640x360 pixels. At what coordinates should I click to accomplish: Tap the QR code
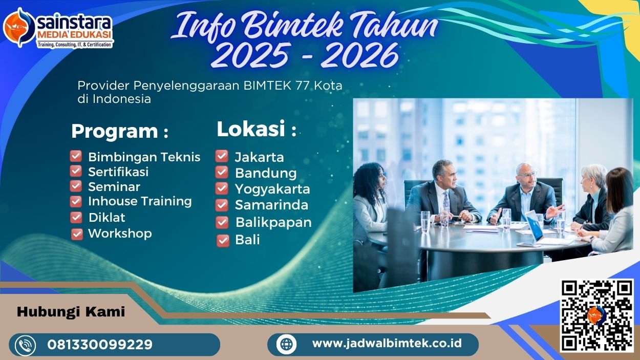click(x=596, y=314)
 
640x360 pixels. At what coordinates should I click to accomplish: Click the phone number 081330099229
click(x=100, y=345)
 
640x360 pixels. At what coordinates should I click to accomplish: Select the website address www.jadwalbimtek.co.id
click(x=387, y=343)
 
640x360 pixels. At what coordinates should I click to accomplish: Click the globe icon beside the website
click(x=286, y=344)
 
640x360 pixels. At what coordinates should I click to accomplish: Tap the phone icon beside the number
click(x=26, y=345)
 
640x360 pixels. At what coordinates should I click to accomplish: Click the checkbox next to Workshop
click(x=77, y=234)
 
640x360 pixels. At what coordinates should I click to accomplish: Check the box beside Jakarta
click(x=222, y=156)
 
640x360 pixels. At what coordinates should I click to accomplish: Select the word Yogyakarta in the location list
click(x=272, y=189)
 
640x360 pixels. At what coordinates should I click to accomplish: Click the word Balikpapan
click(x=273, y=223)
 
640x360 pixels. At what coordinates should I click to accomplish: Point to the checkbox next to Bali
click(x=223, y=240)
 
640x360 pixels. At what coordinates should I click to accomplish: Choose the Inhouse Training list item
click(x=140, y=201)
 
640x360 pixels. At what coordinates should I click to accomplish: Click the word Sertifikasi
click(x=118, y=172)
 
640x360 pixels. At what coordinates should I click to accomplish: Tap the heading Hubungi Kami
click(x=71, y=312)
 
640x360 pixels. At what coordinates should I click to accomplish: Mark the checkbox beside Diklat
click(x=76, y=217)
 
